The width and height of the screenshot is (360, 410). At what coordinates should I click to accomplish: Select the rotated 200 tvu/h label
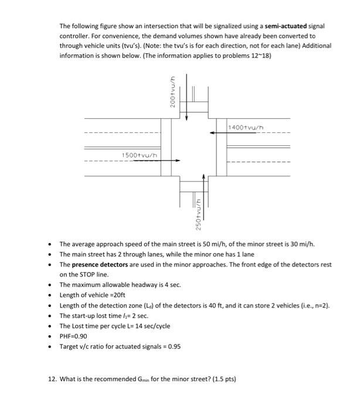tap(172, 92)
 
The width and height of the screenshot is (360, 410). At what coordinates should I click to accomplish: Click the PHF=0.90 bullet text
tap(73, 336)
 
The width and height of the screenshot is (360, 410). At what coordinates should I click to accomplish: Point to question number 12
tap(52, 379)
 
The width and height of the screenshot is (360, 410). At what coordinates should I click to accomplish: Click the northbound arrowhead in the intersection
tap(204, 176)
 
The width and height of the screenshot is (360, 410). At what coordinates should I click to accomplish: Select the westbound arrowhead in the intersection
tap(213, 133)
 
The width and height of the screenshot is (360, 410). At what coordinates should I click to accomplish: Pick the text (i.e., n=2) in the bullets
tap(314, 305)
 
